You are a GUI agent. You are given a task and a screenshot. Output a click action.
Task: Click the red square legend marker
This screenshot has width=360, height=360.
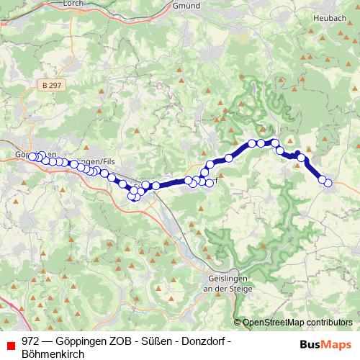(x=10, y=343)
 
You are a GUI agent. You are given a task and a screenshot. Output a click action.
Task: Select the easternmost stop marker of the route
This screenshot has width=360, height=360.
(x=328, y=183)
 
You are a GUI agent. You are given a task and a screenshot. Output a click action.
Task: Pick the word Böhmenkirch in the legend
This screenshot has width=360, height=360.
(x=53, y=354)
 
